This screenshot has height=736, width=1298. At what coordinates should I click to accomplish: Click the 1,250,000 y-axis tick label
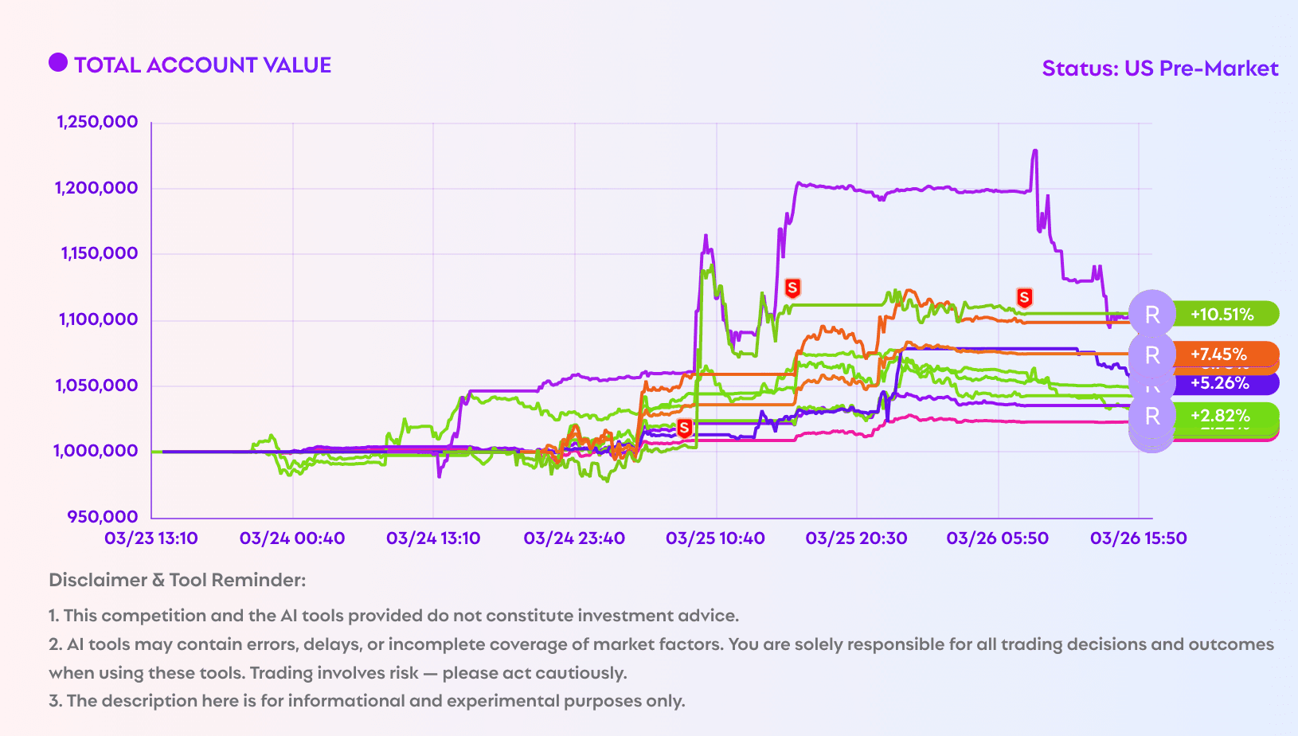[97, 122]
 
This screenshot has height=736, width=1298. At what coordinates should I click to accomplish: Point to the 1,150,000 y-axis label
[99, 253]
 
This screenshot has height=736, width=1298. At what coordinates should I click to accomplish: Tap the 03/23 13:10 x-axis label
[151, 538]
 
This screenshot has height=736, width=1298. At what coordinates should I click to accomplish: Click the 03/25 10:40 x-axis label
[715, 538]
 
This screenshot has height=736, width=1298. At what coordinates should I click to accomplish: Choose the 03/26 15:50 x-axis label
[1138, 538]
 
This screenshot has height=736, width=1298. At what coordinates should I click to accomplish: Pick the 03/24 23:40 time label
[574, 538]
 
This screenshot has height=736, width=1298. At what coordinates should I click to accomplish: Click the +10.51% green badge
[1222, 314]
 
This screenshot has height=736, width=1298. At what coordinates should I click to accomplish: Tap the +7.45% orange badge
[1219, 354]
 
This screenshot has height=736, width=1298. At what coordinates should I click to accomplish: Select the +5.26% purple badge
[1220, 383]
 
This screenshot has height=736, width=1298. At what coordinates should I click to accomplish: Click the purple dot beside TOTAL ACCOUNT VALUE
[58, 63]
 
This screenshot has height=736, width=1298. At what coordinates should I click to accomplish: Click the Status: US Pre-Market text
[1160, 69]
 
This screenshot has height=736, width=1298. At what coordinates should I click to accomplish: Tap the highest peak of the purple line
[1034, 151]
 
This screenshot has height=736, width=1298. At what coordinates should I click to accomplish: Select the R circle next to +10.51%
[1152, 314]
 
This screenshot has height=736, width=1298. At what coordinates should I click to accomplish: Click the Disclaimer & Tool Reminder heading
[178, 580]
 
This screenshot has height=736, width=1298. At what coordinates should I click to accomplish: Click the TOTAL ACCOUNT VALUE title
[202, 65]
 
